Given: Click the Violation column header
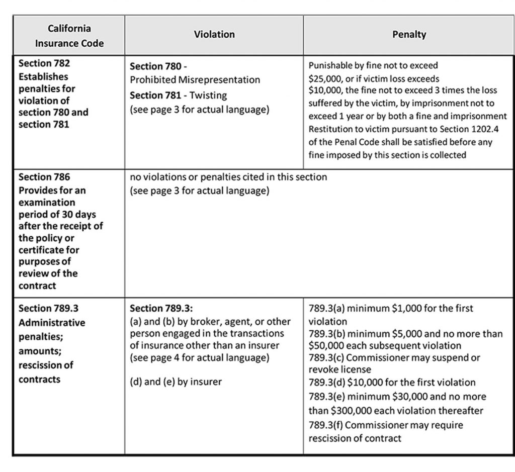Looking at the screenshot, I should pyautogui.click(x=214, y=35).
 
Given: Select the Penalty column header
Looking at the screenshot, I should pyautogui.click(x=409, y=35).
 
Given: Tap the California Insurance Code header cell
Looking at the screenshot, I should pyautogui.click(x=69, y=36).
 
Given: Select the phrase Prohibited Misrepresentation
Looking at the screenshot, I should pyautogui.click(x=195, y=79).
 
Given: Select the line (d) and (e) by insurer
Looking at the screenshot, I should pyautogui.click(x=176, y=382).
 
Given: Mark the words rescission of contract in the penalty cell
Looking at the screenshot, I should pyautogui.click(x=355, y=438).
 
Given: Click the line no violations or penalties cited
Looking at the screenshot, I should pyautogui.click(x=228, y=177).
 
